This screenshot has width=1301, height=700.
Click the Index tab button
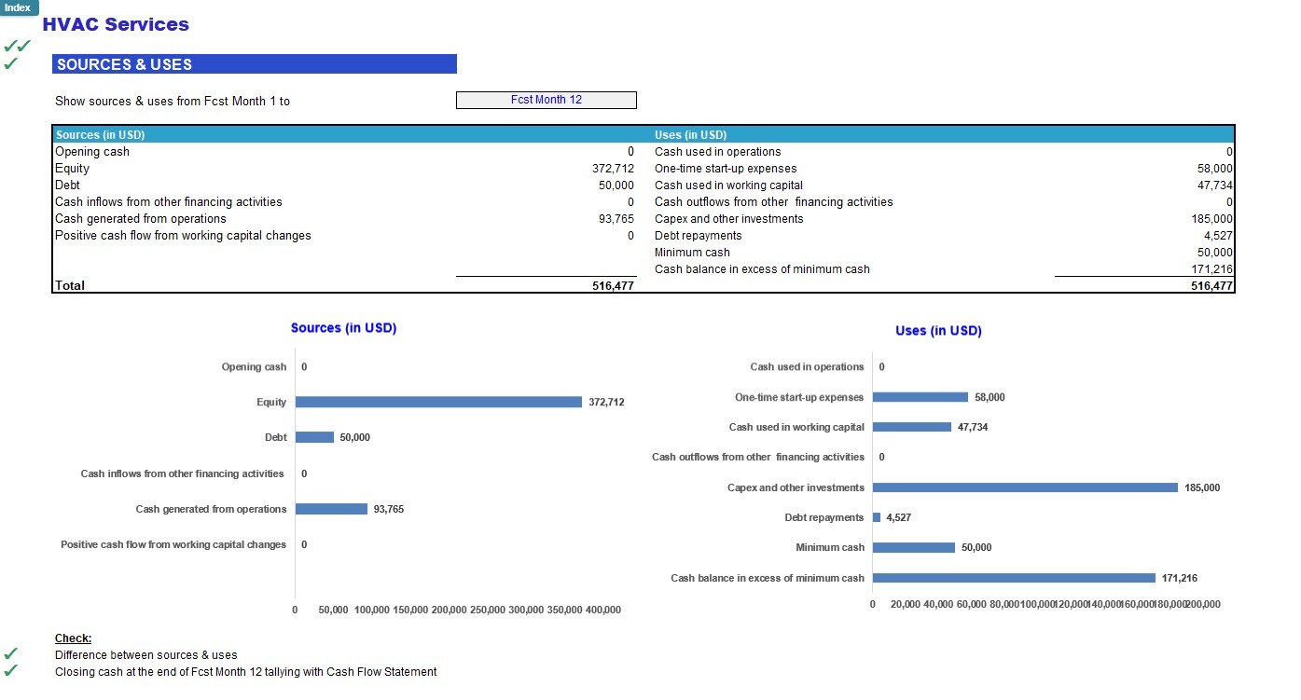(x=18, y=7)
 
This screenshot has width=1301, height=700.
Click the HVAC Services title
(x=116, y=25)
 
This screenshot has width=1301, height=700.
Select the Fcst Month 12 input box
(x=546, y=100)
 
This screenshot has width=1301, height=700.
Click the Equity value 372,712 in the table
(x=606, y=169)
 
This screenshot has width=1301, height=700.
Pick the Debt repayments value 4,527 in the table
(x=1218, y=236)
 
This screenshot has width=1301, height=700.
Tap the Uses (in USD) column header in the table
(x=690, y=135)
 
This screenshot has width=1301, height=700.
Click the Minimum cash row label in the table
(x=692, y=253)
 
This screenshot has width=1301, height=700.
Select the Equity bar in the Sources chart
(x=438, y=402)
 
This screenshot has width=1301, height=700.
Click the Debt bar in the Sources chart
(x=314, y=437)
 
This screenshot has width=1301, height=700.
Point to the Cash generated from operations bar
(x=331, y=509)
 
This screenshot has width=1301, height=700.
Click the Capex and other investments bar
(x=1025, y=487)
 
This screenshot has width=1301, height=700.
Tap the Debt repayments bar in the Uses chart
(x=877, y=517)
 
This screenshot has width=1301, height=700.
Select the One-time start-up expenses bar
(x=920, y=397)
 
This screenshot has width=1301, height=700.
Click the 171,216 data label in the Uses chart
(x=1179, y=578)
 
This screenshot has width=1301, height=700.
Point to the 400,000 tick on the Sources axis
(x=602, y=610)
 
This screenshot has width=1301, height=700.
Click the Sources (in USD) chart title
(x=343, y=328)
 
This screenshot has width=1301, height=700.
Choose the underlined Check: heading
(x=73, y=638)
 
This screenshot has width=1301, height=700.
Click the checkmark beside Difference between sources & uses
(x=11, y=654)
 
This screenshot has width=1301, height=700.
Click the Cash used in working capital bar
(x=912, y=427)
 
